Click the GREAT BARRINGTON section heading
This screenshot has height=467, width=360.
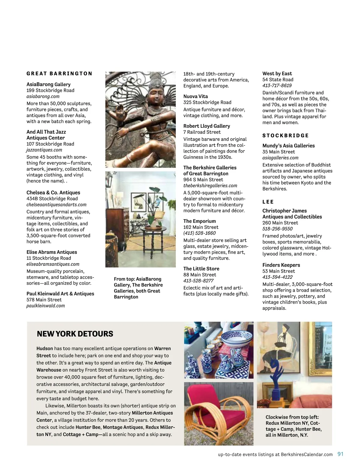coord(59,73)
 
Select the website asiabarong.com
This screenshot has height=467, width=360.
coord(43,97)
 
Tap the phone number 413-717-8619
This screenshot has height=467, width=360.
coord(277,86)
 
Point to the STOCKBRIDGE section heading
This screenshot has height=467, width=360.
coord(285,135)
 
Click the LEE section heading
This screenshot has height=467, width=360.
coord(268,202)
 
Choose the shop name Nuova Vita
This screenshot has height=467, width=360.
coord(196,96)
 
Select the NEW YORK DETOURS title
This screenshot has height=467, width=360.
coord(75,334)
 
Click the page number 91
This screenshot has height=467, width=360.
coord(340,454)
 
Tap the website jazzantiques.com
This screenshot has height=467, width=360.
coord(44,150)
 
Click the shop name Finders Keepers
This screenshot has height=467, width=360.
coord(281,265)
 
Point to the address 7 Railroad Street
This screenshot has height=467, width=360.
coord(202,132)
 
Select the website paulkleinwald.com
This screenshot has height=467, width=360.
coord(46,306)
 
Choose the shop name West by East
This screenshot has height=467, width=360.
coord(277,73)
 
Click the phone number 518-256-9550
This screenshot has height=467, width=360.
coord(277,229)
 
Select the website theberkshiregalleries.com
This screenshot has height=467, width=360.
coord(210,186)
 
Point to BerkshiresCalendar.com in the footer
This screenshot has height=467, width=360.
coord(307,454)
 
